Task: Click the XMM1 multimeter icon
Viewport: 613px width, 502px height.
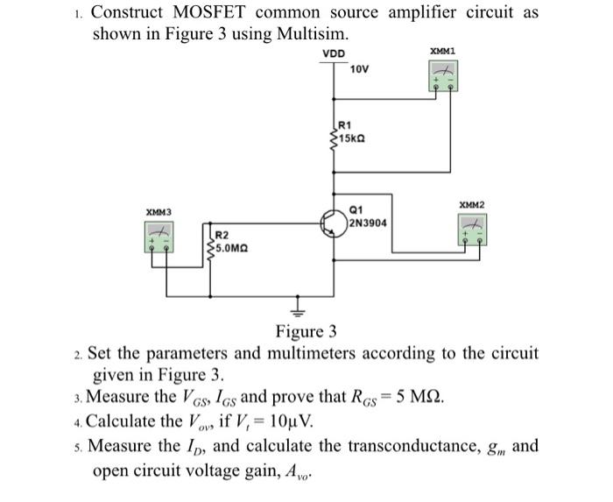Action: pos(443,77)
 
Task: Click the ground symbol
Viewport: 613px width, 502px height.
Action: pos(296,310)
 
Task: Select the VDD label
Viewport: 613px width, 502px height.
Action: pos(334,53)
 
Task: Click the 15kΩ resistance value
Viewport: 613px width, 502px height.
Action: pos(352,138)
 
